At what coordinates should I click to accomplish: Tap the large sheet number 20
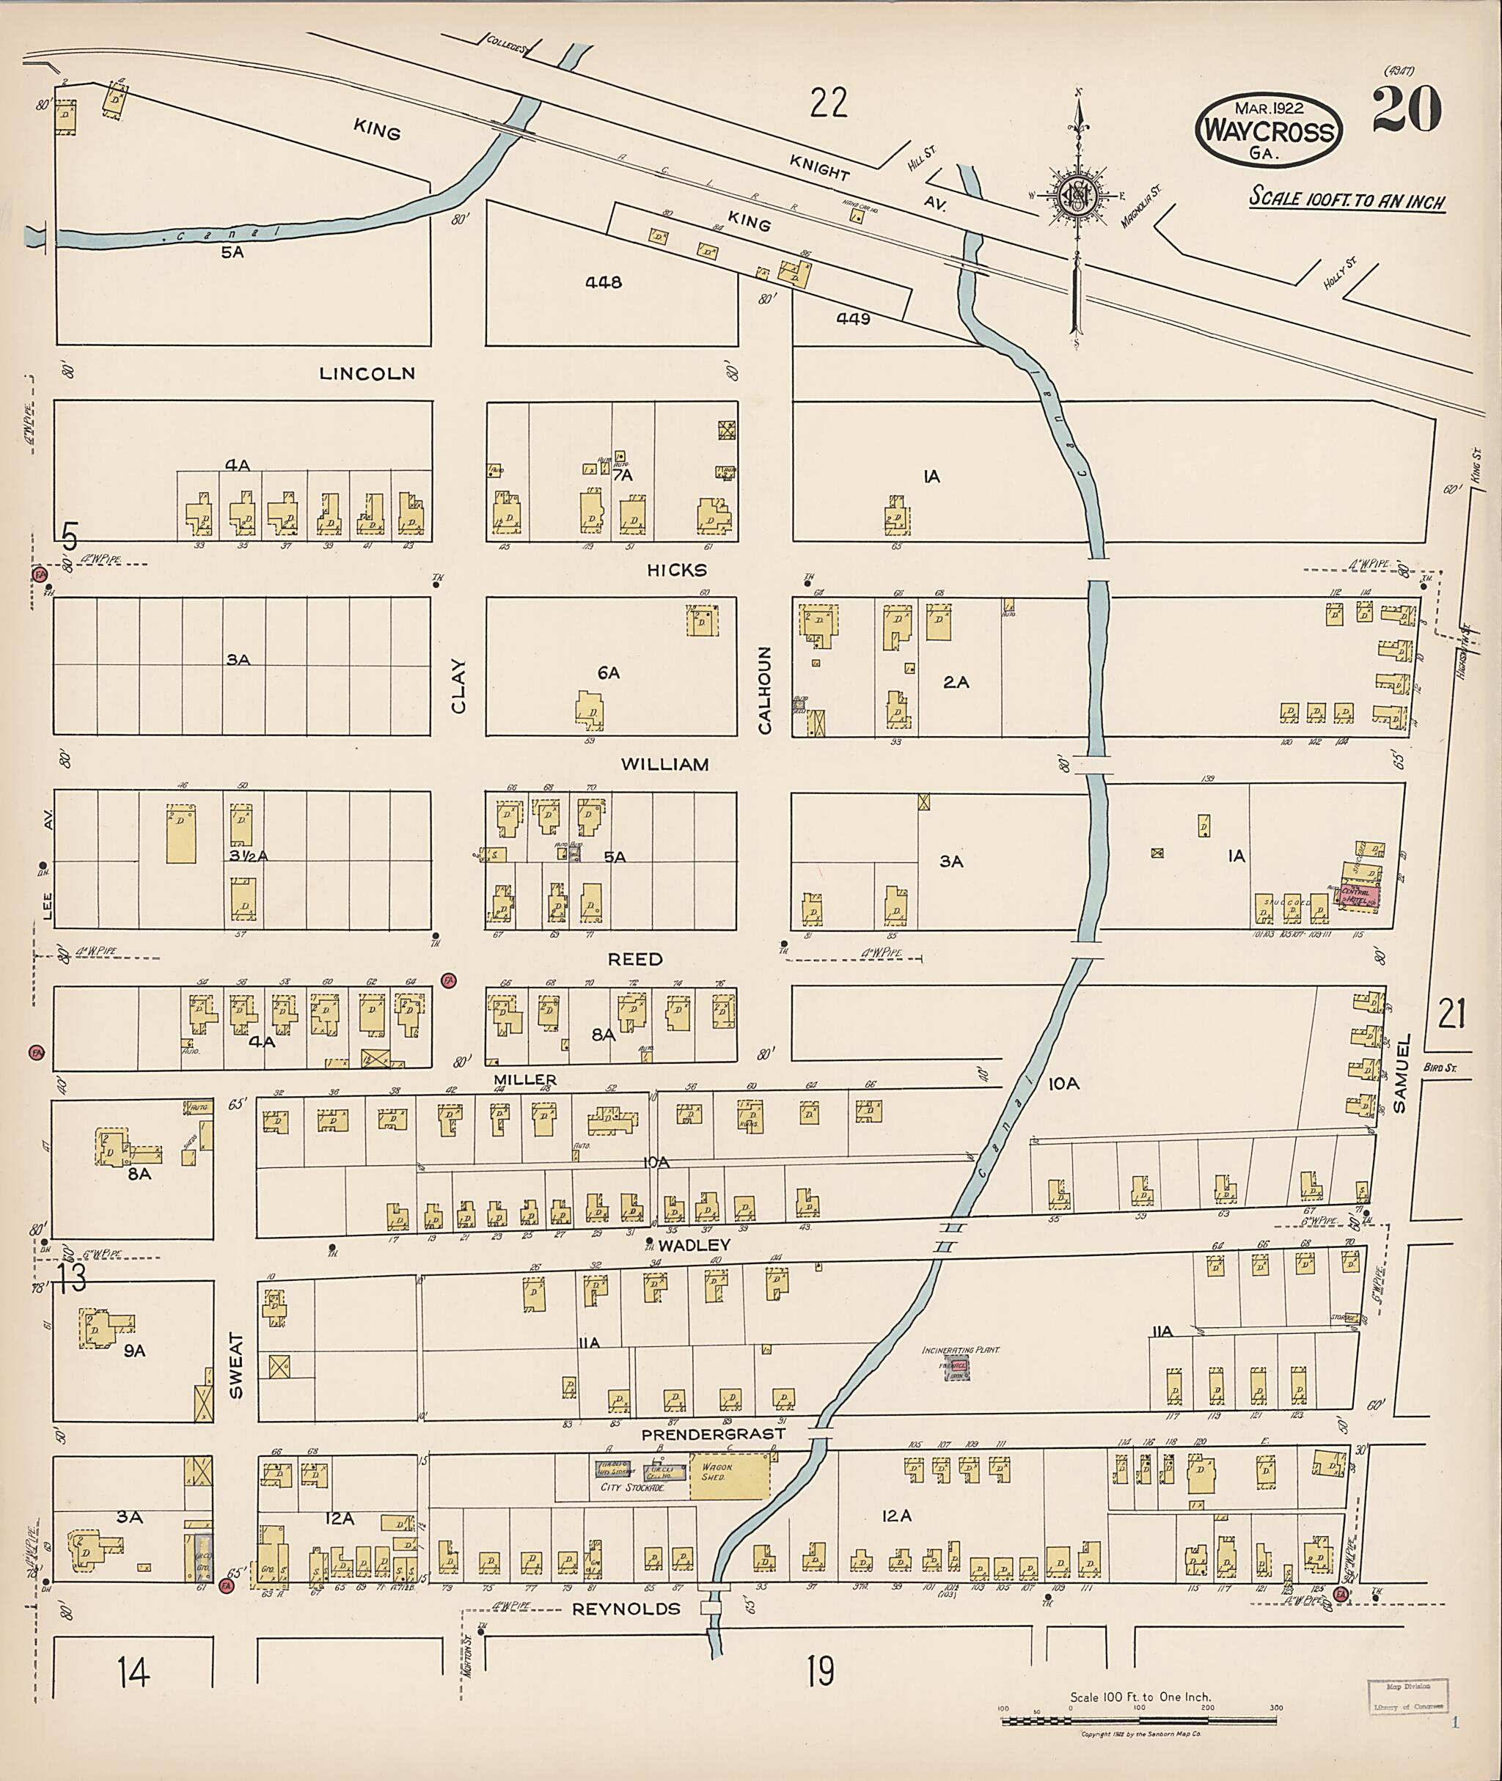(x=1407, y=111)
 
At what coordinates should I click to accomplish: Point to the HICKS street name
(x=677, y=570)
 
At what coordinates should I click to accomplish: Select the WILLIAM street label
(x=665, y=765)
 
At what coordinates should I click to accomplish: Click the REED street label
(x=635, y=960)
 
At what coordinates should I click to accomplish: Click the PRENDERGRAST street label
(x=712, y=1434)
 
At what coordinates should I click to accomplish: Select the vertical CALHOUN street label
(x=765, y=691)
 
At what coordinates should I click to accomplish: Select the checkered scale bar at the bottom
(x=1139, y=1721)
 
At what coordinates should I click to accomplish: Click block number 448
(x=604, y=282)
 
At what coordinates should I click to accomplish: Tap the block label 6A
(x=608, y=673)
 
